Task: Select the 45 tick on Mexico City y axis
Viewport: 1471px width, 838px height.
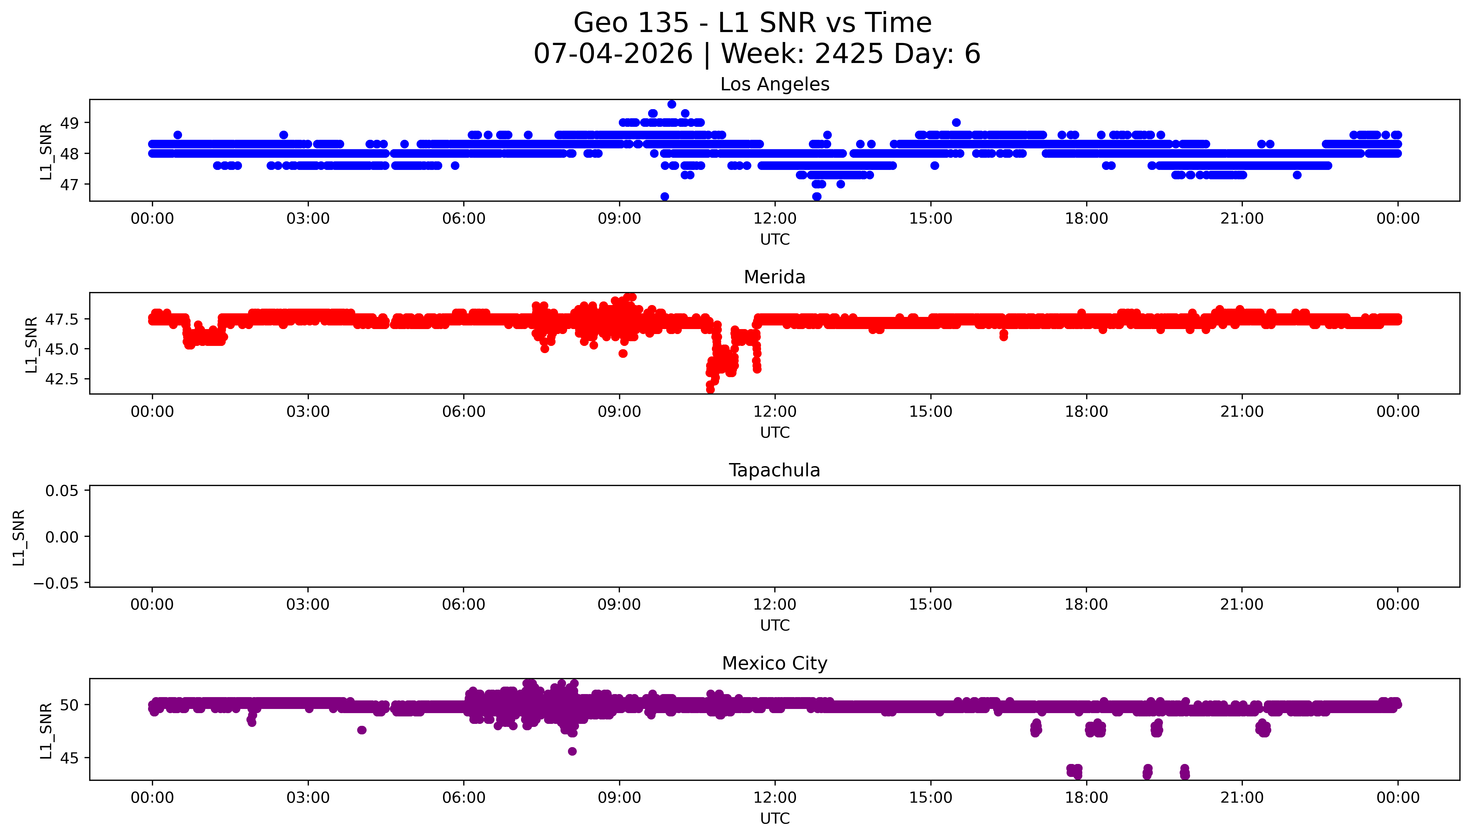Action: (70, 758)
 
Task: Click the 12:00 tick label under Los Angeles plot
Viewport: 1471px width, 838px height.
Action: (775, 219)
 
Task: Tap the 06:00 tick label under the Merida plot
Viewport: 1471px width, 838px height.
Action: (464, 411)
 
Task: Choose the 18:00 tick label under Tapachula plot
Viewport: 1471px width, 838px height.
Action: (1086, 604)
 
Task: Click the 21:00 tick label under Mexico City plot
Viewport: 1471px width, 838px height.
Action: (1242, 798)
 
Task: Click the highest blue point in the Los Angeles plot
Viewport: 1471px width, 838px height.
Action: (671, 104)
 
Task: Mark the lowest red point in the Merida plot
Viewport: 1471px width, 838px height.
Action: (710, 390)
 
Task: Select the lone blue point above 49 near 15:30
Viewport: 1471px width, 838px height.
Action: (956, 123)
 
